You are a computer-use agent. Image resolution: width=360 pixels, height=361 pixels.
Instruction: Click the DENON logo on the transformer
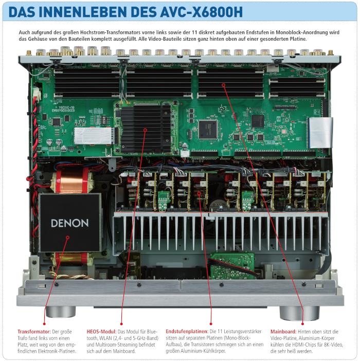click(69, 223)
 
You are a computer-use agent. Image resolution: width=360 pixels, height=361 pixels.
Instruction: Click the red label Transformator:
click(34, 332)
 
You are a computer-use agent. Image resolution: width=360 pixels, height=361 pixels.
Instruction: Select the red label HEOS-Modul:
click(101, 332)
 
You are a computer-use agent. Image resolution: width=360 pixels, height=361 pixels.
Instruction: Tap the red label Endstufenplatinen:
click(187, 332)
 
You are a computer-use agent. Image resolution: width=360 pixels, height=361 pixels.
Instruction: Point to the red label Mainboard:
click(283, 332)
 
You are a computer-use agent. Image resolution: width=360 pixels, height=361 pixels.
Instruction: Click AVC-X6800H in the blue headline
click(202, 12)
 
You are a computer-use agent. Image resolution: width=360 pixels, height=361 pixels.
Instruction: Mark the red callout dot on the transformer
click(68, 238)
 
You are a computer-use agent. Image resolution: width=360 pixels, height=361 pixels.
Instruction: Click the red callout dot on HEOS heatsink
click(145, 130)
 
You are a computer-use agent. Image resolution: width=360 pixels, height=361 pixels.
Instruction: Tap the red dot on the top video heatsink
click(223, 85)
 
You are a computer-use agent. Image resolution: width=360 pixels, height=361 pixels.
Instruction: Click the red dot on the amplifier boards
click(199, 193)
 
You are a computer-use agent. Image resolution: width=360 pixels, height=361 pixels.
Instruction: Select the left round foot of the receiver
click(61, 312)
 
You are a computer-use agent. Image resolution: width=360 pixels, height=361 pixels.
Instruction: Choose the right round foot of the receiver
click(299, 313)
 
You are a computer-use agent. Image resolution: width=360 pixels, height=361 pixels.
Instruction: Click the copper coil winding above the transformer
click(73, 180)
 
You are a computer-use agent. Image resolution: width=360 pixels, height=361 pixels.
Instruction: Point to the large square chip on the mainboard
click(208, 129)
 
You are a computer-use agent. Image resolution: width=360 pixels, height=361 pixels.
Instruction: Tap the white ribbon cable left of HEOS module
click(94, 136)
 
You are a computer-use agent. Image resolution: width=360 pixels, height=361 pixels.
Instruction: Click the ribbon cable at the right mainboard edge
click(320, 133)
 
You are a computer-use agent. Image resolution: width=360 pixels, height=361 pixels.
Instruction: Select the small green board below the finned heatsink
click(232, 265)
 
